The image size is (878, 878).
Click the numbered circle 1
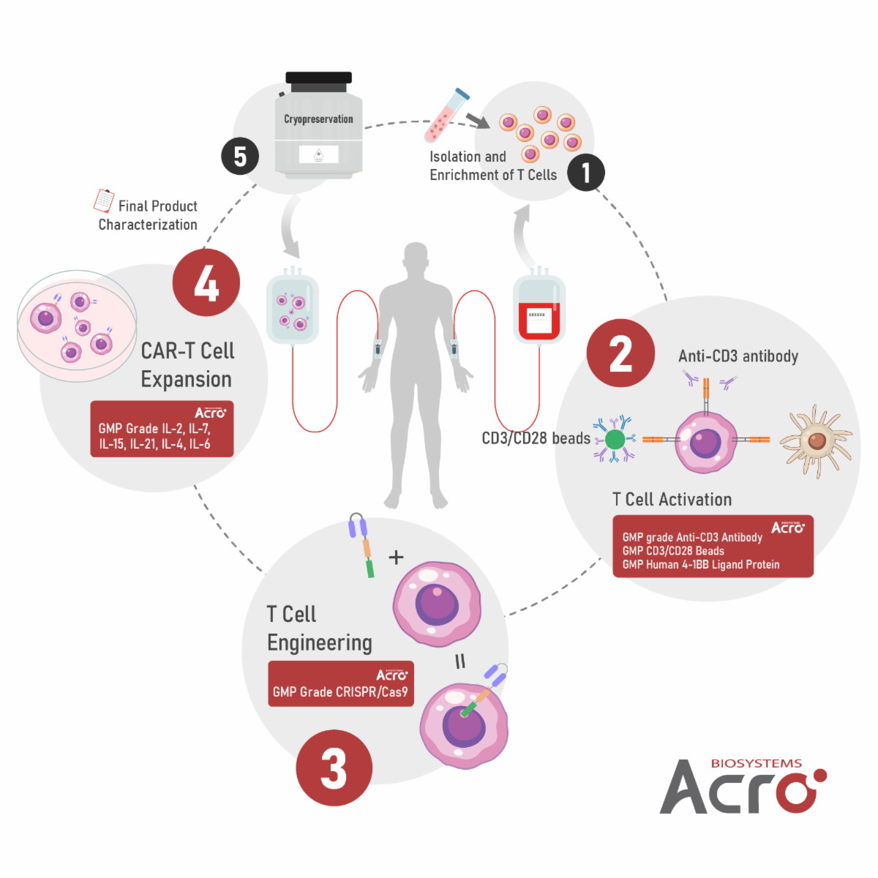point(585,173)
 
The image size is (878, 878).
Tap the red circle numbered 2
point(620,353)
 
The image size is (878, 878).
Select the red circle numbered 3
point(334,768)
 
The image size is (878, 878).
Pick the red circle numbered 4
point(206,283)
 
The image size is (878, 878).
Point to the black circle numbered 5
point(240,157)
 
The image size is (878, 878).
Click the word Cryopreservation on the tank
point(318,119)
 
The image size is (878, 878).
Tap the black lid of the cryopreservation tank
point(318,78)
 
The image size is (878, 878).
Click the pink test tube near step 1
point(446,116)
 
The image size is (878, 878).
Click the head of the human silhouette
point(416,259)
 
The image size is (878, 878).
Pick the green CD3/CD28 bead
point(615,439)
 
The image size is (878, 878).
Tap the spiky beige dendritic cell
point(816,440)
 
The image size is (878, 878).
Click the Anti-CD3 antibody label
point(738,356)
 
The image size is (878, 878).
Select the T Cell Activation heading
point(672,500)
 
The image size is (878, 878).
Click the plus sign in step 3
point(396,558)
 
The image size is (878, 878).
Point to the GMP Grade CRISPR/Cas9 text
point(340,691)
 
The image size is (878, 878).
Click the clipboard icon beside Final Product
point(104,200)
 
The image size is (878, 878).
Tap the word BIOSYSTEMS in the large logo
point(756,763)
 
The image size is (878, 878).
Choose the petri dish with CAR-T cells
point(77,326)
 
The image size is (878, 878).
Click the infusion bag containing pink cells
point(292,308)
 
